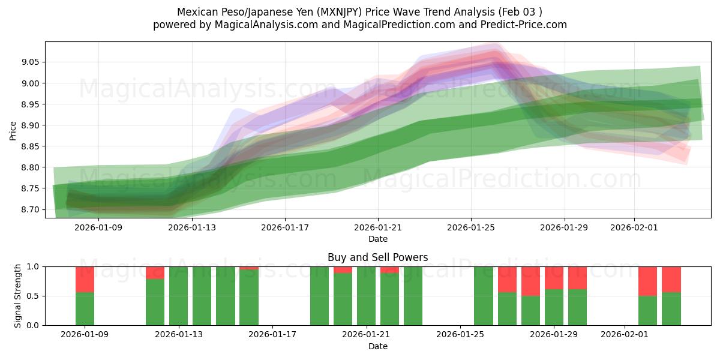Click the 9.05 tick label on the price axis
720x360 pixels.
31,62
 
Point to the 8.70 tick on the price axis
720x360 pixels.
31,209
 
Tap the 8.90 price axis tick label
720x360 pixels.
31,125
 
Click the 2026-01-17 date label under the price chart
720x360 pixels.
284,227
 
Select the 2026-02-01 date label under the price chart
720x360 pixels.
634,227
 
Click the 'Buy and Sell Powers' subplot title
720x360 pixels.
377,257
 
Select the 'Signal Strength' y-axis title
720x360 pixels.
18,296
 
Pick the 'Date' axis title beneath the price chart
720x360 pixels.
377,239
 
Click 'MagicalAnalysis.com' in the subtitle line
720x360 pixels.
261,25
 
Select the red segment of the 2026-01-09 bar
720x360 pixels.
85,279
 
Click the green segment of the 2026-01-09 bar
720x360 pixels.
85,309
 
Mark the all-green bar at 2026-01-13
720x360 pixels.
179,296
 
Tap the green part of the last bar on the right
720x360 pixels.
671,309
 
